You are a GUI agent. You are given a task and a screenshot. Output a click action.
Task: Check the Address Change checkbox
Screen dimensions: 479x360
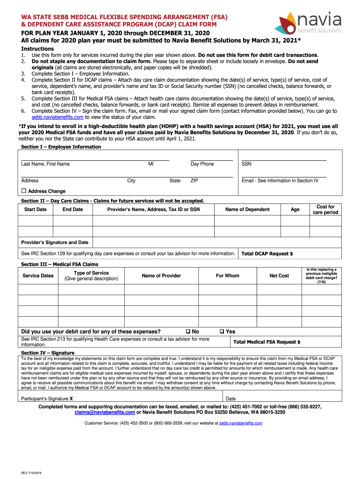point(23,191)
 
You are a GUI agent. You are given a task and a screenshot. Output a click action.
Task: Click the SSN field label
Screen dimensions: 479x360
point(246,164)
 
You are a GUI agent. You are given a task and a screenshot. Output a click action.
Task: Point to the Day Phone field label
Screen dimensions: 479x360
point(202,164)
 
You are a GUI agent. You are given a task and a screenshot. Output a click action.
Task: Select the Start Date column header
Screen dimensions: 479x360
point(35,210)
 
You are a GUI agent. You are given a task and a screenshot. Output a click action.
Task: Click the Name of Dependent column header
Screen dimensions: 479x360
point(247,210)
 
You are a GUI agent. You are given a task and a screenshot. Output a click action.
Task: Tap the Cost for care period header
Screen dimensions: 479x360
point(325,210)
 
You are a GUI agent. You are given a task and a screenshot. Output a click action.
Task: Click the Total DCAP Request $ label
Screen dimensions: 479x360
point(267,254)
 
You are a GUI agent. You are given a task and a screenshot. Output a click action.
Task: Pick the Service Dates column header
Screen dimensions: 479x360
point(38,276)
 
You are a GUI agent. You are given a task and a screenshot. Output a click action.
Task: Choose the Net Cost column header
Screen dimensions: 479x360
point(279,276)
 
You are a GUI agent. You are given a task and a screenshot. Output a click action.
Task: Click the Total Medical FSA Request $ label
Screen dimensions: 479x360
point(266,342)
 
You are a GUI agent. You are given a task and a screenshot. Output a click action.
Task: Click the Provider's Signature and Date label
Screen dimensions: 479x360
point(55,242)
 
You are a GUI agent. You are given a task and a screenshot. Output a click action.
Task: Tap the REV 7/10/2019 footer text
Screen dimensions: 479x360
point(31,472)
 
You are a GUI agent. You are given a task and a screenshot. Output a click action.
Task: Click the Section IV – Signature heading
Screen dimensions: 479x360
point(48,353)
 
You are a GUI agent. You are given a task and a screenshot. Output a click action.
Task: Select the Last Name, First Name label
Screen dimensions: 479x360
point(45,164)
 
